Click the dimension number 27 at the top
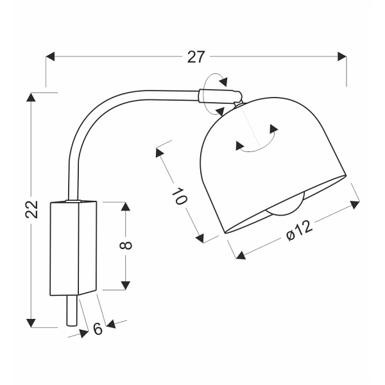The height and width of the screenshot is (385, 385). pos(196,57)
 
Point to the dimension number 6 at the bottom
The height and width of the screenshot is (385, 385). pos(98,329)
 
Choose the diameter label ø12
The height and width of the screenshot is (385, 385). pos(298,231)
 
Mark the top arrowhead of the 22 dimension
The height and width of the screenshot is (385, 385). pos(30,98)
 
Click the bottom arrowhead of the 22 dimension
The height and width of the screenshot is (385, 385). pos(30,322)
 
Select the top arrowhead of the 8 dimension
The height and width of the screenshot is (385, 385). pos(126,207)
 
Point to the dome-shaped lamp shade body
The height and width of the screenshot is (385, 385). pos(269,160)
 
